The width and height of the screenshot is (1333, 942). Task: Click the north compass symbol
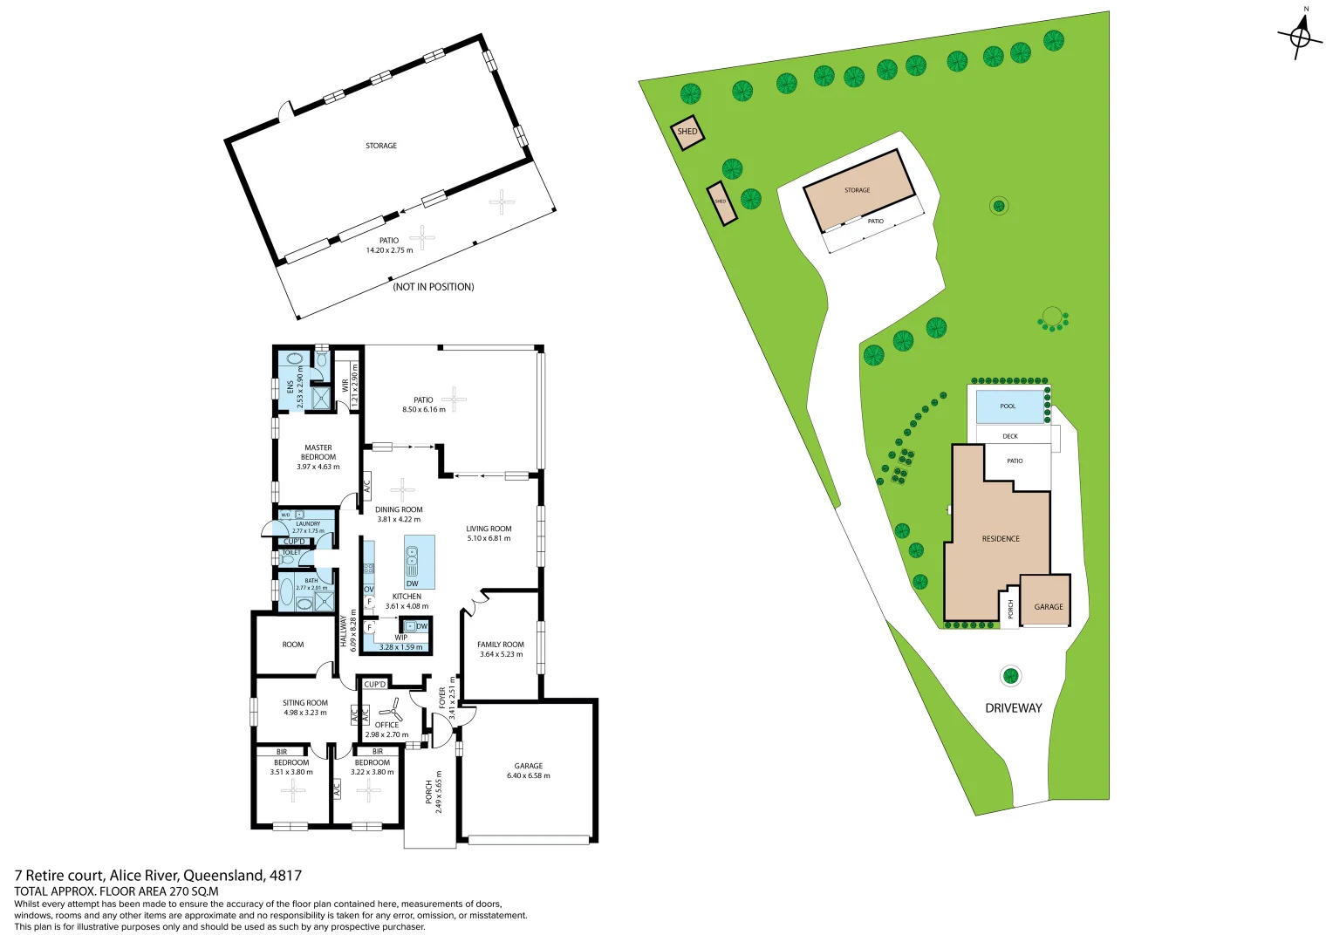pos(1300,37)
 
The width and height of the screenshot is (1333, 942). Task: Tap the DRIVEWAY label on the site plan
pos(1013,708)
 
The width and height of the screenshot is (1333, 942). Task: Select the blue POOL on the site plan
pos(1008,406)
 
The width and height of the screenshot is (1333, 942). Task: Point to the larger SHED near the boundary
pos(687,132)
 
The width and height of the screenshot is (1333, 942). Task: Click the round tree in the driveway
pos(1010,675)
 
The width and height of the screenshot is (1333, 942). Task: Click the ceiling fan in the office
pos(390,710)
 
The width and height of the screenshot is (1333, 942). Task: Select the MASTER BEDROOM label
pos(318,452)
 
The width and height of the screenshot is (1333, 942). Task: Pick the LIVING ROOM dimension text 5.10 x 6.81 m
pos(489,538)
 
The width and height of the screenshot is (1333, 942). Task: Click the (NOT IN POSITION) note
pos(434,287)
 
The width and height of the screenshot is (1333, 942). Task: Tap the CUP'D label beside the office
pos(374,685)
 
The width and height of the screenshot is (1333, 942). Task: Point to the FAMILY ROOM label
pos(501,645)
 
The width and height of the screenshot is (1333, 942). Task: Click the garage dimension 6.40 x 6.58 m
pos(529,775)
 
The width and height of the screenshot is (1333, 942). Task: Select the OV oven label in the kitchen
pos(369,590)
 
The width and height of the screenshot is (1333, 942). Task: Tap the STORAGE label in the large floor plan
pos(381,146)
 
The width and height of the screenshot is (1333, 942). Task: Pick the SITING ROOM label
pos(305,703)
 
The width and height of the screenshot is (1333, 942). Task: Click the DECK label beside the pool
pos(1010,436)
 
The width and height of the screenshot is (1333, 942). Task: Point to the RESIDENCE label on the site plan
pos(1001,539)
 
